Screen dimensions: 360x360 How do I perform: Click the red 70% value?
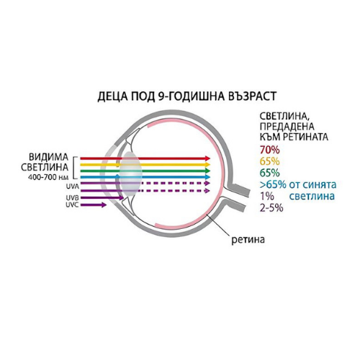coord(270,150)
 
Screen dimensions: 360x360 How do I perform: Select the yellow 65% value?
coord(270,161)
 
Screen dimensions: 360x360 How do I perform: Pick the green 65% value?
coord(270,173)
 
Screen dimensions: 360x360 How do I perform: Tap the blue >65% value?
coord(273,184)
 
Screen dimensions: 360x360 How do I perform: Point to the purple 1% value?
coord(267,196)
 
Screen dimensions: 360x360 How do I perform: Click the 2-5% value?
coord(271,207)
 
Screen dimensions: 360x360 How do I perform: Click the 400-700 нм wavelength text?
coord(48,177)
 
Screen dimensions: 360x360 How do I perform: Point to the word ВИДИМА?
coord(49,158)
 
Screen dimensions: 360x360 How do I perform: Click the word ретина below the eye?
coord(248,240)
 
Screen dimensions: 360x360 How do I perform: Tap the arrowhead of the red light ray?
coord(208,158)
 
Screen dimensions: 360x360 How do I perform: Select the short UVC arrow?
coord(94,205)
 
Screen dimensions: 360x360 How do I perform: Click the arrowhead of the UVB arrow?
coord(121,198)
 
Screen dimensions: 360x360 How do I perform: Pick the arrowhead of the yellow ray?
coord(208,165)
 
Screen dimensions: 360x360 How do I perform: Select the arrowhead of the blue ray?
coord(208,177)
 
